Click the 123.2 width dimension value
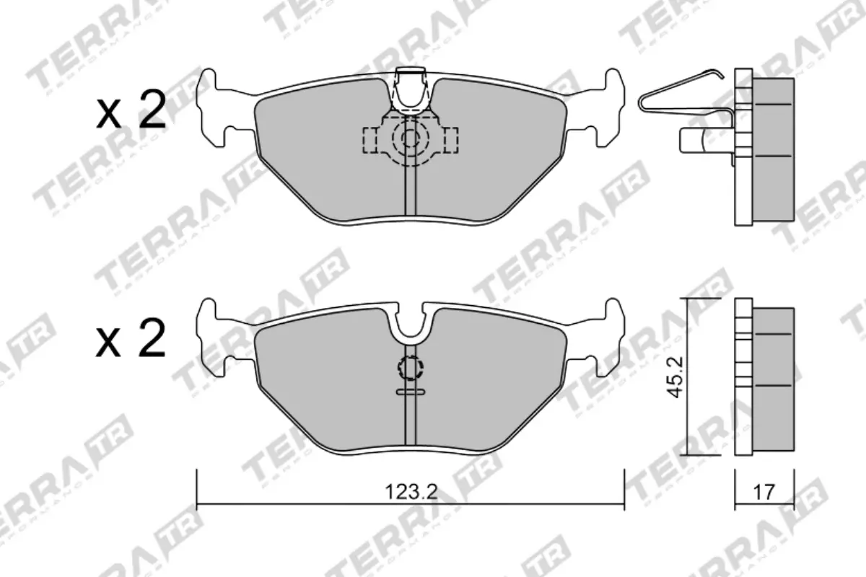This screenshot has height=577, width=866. click(411, 493)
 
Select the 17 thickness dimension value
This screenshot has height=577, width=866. click(764, 493)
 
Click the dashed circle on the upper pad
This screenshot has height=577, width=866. click(410, 139)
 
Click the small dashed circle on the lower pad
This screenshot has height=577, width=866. click(410, 369)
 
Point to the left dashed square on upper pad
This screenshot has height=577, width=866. click(372, 140)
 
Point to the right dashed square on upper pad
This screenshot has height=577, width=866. click(450, 140)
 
